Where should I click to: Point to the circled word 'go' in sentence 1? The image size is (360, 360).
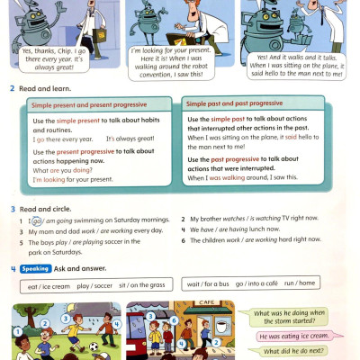tap(37, 220)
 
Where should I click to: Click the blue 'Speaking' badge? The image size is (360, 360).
tap(36, 268)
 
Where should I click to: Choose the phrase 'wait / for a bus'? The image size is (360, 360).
tap(209, 284)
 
